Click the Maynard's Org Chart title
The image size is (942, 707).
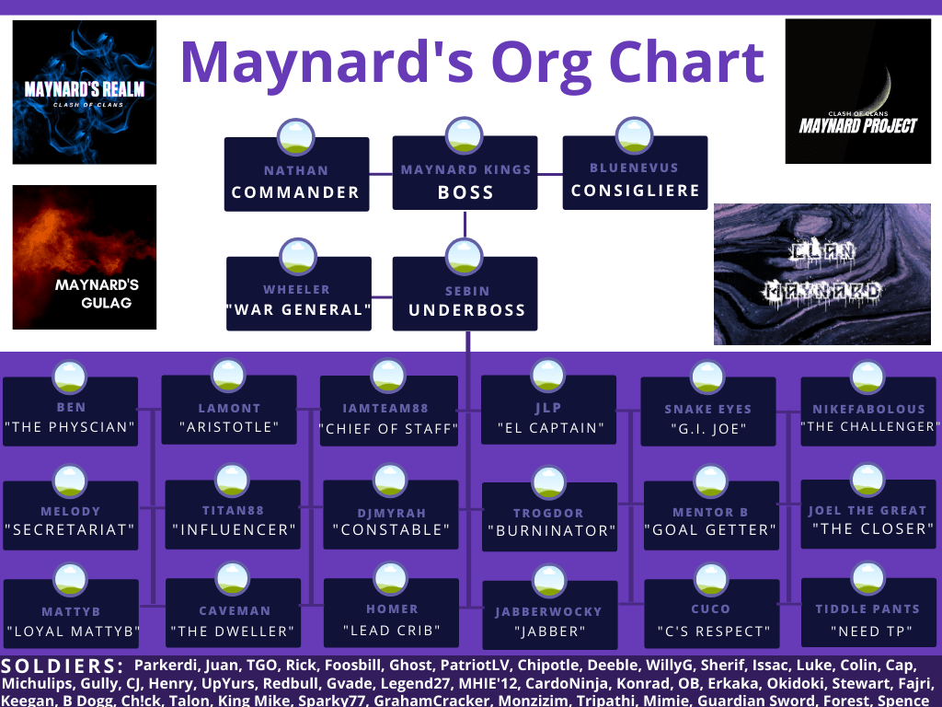tap(472, 64)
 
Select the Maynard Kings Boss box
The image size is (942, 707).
tap(465, 173)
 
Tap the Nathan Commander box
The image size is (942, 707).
tap(297, 174)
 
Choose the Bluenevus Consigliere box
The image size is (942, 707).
tap(635, 172)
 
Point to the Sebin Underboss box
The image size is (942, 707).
tap(465, 294)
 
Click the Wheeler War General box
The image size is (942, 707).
tap(299, 294)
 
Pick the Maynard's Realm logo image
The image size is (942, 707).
tap(85, 92)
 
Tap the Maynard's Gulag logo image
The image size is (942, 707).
tap(85, 258)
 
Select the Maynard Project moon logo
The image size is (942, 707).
tap(858, 91)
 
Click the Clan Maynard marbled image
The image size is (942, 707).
tap(822, 274)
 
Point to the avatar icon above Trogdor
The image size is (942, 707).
tap(549, 482)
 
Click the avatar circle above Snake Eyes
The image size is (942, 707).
tap(707, 377)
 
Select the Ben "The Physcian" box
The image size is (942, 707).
tap(70, 411)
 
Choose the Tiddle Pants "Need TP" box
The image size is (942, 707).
tap(868, 612)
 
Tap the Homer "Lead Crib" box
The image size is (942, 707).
tap(391, 613)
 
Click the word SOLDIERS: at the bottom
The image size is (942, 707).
tap(63, 666)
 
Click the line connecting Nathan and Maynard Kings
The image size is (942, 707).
tap(381, 174)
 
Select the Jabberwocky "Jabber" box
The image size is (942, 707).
tap(550, 615)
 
